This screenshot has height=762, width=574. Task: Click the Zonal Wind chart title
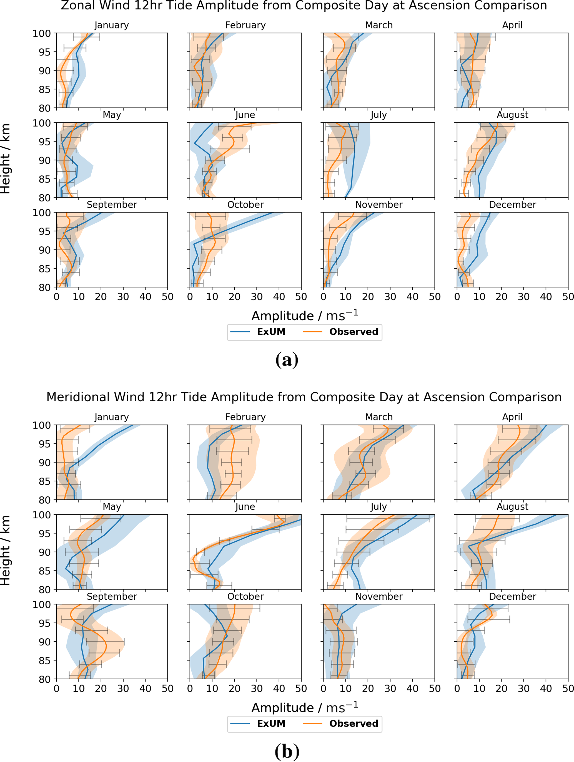pos(304,6)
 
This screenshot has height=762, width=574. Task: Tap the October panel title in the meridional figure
pos(245,596)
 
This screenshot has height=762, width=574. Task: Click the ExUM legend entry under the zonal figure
pos(271,332)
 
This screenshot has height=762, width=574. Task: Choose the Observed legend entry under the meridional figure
pos(353,723)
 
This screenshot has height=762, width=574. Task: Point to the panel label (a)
pos(287,360)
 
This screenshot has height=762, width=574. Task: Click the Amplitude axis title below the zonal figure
pos(304,315)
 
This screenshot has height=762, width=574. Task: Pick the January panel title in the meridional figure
pos(112,417)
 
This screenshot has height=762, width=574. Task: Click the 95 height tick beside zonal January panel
pos(44,52)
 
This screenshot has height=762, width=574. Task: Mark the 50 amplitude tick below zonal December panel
pos(568,297)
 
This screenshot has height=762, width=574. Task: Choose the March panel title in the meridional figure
pos(379,417)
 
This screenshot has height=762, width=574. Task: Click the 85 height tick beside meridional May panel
pos(44,571)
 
